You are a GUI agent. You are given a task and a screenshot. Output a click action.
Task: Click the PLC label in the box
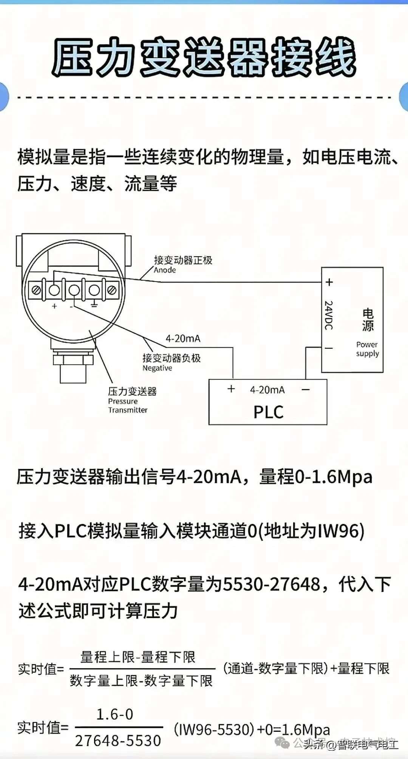[268, 412]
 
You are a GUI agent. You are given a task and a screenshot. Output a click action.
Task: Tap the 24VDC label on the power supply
[329, 315]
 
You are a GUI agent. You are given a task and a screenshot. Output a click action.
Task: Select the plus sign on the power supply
[329, 282]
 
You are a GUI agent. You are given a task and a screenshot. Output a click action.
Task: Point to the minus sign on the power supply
[329, 348]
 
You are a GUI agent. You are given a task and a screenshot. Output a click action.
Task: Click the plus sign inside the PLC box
[231, 389]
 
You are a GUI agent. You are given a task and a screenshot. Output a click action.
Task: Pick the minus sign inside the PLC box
[306, 390]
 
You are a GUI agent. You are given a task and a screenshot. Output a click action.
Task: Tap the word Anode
[165, 270]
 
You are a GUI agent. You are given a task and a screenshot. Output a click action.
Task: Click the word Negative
[157, 368]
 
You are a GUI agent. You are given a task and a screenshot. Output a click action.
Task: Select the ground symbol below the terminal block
[94, 304]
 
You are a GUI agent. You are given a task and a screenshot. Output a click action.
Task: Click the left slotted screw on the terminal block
[37, 290]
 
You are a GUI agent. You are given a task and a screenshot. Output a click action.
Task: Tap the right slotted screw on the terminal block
[112, 290]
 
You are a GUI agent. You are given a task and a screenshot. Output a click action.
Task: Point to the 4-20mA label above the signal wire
[183, 339]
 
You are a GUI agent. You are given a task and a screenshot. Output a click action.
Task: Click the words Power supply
[367, 349]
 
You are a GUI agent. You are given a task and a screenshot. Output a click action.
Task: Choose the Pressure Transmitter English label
[127, 406]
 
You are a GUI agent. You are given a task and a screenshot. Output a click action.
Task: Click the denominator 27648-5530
[118, 740]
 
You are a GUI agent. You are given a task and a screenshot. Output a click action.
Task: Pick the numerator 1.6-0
[115, 714]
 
